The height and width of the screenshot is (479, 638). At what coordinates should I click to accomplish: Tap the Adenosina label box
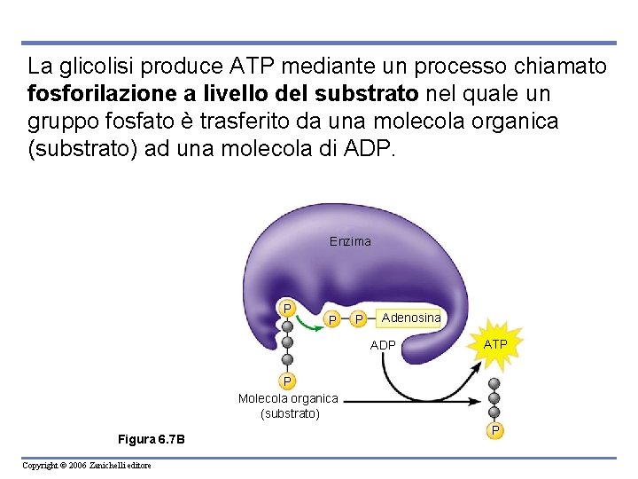coord(410,317)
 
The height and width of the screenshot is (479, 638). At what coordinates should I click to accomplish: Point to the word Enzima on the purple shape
coord(350,241)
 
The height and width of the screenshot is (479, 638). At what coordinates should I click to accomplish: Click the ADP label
coord(383,345)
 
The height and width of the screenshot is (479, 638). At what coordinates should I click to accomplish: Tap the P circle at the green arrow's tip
coord(331,318)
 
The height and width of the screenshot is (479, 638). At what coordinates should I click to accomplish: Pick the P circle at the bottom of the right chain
coord(495,430)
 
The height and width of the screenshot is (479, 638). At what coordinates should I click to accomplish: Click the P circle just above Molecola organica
coord(287,381)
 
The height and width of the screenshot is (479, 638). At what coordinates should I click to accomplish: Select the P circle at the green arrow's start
coord(287,308)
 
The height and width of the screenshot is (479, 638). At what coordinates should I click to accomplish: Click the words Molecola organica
coord(288,398)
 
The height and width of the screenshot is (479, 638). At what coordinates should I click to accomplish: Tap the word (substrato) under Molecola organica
coord(289,413)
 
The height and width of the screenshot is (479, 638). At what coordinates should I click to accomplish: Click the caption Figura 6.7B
coord(152,440)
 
